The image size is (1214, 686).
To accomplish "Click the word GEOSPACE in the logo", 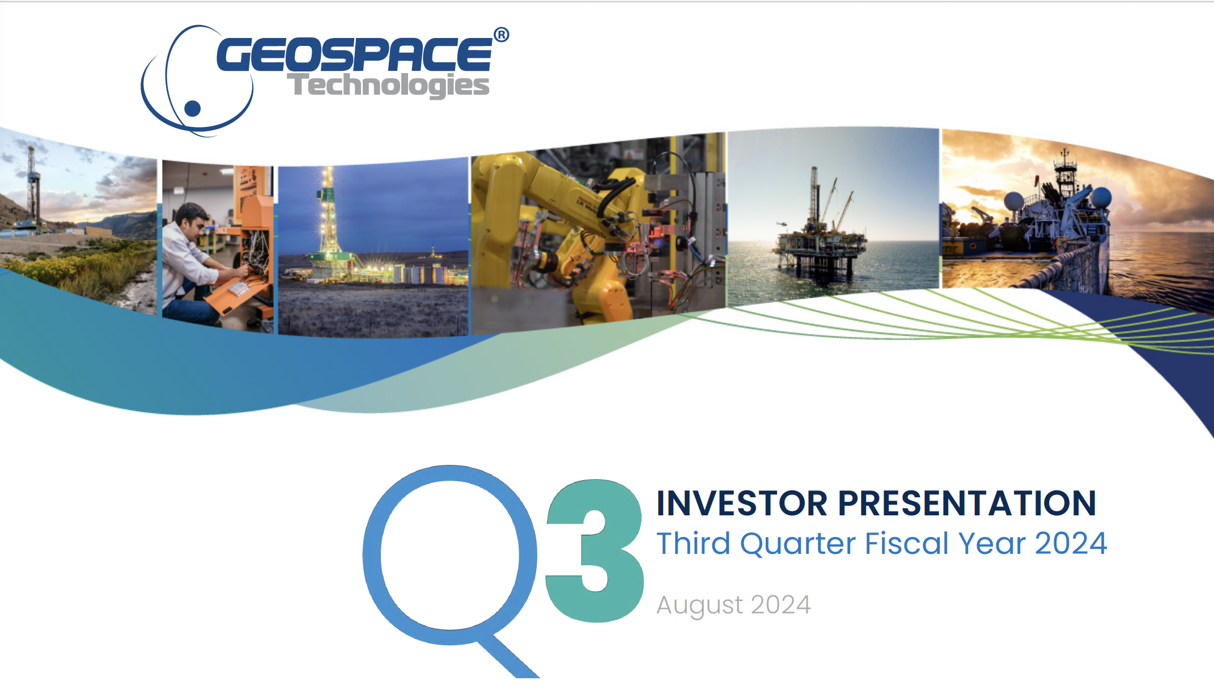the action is tap(355, 54).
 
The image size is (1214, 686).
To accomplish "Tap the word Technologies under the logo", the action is tap(389, 86).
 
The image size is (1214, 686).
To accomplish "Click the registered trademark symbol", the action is tap(501, 35).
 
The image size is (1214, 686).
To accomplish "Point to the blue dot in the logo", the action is tap(193, 108).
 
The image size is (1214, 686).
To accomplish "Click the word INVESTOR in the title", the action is tap(742, 503).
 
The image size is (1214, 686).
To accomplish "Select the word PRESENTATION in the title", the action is tap(967, 503).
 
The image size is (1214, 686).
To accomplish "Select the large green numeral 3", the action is tap(595, 551).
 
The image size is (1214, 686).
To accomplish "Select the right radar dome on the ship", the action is tap(1102, 198).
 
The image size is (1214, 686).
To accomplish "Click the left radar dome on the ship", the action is tap(1014, 201).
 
